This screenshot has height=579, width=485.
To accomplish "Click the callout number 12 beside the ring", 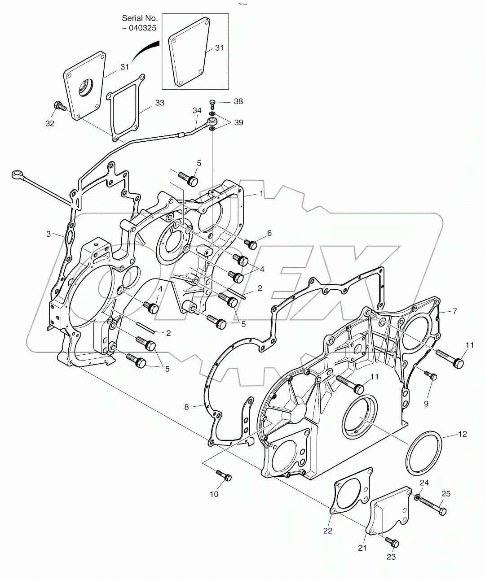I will coord(463,434).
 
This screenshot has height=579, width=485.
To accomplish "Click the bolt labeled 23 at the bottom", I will coord(392,543).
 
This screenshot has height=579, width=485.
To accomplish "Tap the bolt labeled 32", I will coord(59,106).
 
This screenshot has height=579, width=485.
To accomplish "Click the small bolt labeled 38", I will coord(213,104).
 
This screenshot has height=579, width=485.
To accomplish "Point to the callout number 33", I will coord(159,103).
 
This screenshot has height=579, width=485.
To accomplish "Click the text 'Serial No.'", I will coord(140,18).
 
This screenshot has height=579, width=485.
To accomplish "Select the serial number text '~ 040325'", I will coord(140,28).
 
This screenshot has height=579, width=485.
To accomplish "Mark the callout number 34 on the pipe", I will coord(197,110).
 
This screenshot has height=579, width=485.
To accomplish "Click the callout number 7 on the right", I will coord(454,311).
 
